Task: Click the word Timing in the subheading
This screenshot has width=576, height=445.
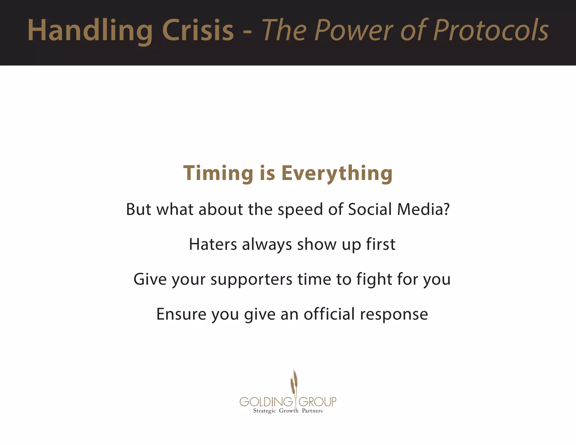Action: [x=218, y=173]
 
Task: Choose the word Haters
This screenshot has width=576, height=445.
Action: [x=213, y=244]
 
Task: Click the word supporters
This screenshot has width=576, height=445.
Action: [x=251, y=280]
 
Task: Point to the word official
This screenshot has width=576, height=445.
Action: [x=329, y=314]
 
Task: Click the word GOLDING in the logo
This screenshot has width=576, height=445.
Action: [x=266, y=402]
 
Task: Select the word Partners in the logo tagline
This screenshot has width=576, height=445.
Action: [x=312, y=411]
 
